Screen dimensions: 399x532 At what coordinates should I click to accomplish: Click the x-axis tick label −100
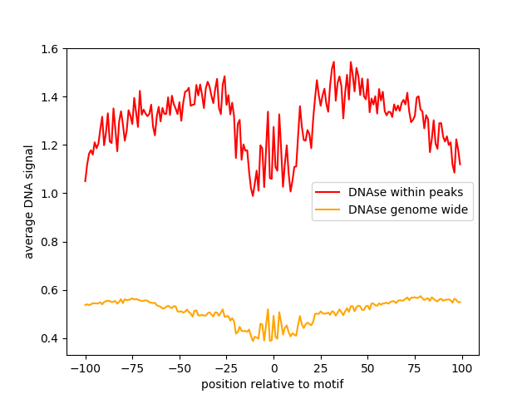coord(85,368)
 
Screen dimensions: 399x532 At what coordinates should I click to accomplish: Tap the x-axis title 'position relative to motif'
coord(273,384)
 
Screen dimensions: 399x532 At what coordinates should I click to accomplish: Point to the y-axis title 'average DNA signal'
coord(29,202)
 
